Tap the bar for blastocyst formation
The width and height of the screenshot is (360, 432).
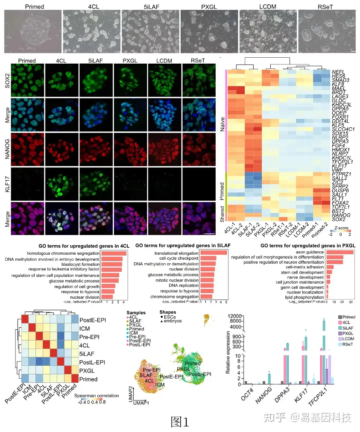click(111, 264)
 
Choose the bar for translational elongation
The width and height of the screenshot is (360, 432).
click(214, 253)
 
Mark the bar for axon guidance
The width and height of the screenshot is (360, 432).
click(340, 252)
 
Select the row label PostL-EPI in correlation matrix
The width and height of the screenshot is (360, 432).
click(92, 362)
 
